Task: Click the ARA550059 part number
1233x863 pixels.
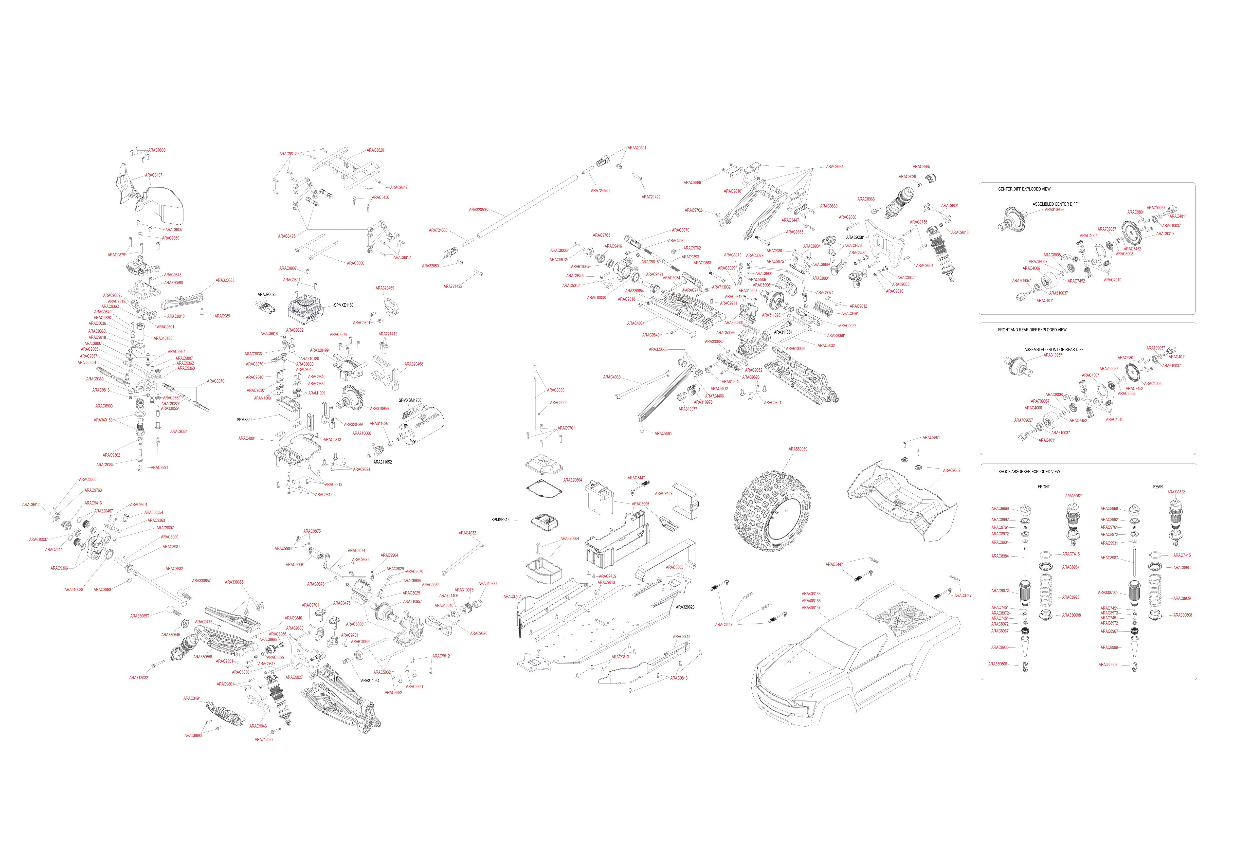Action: tap(798, 449)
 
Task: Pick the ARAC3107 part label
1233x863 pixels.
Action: tap(154, 175)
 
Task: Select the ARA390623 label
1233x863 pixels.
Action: tap(267, 294)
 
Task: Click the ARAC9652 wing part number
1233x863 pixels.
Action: tap(952, 470)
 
